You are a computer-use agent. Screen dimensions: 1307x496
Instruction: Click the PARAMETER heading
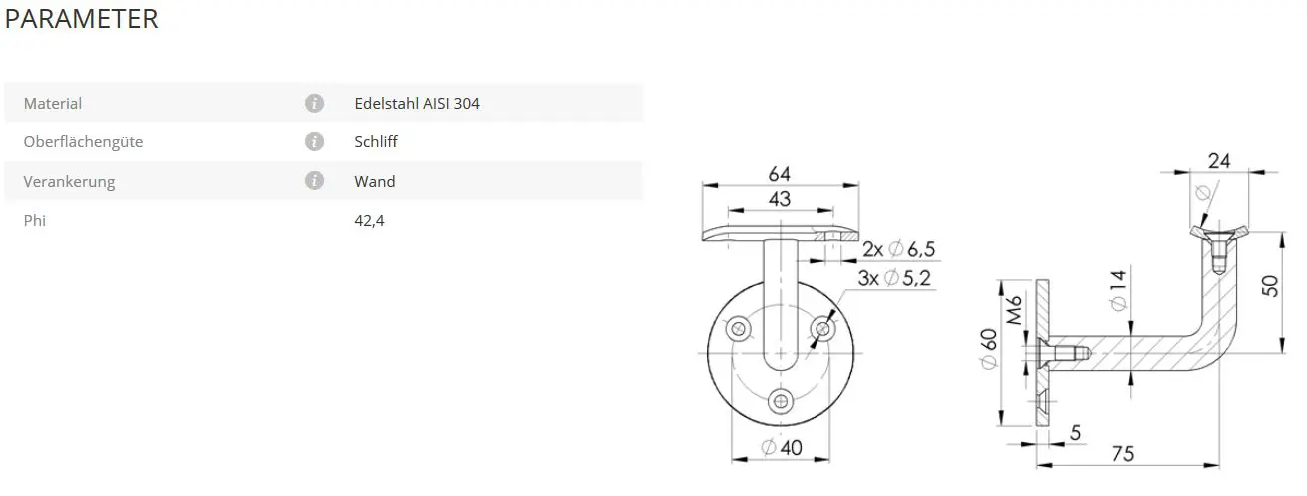point(81,19)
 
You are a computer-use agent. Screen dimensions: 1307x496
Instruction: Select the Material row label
point(53,104)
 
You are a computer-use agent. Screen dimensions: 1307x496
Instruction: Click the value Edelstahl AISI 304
point(417,104)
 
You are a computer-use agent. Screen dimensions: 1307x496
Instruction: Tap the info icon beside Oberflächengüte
point(314,141)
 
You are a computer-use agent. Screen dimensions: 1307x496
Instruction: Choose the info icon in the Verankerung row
point(314,180)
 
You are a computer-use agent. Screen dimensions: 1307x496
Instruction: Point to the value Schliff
point(376,141)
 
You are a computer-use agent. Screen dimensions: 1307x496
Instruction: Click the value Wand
point(375,182)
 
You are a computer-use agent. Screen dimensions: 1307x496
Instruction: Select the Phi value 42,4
point(369,221)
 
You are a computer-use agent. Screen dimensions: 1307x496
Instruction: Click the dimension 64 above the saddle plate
point(780,173)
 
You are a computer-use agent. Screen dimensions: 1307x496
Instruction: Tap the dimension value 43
point(780,199)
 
